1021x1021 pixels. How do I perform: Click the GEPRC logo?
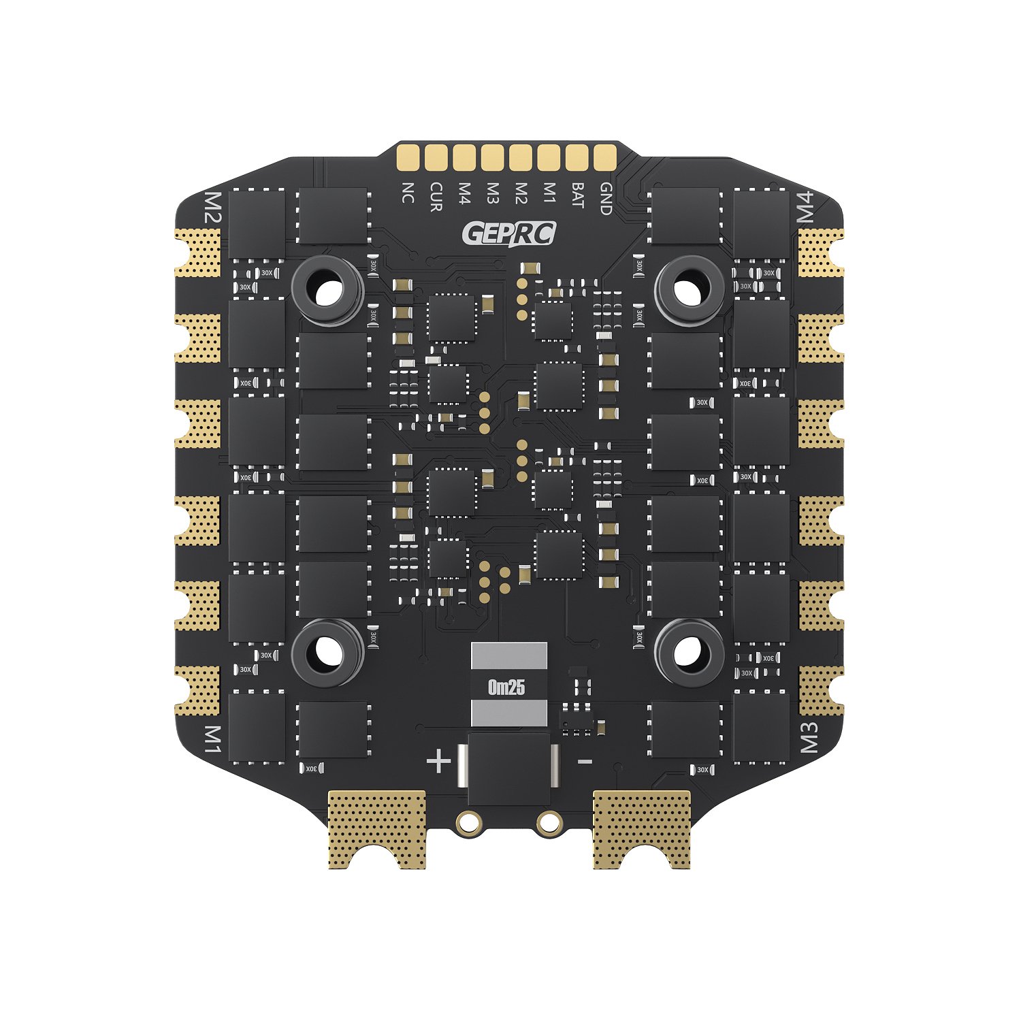tap(508, 233)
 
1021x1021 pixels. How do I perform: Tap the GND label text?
tap(605, 199)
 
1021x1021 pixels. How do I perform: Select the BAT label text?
tap(577, 195)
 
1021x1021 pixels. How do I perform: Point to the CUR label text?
tap(436, 197)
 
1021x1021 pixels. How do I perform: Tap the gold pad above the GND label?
tap(604, 157)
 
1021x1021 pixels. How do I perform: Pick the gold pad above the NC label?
tap(408, 157)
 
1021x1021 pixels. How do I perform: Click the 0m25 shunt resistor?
tap(508, 686)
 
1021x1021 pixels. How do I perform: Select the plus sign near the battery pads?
tap(438, 761)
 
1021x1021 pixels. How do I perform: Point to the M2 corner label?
tap(213, 208)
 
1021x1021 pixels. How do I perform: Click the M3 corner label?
tap(808, 737)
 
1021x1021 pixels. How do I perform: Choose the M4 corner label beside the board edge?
tap(805, 207)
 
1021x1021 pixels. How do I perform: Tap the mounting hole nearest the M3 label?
tap(688, 652)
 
